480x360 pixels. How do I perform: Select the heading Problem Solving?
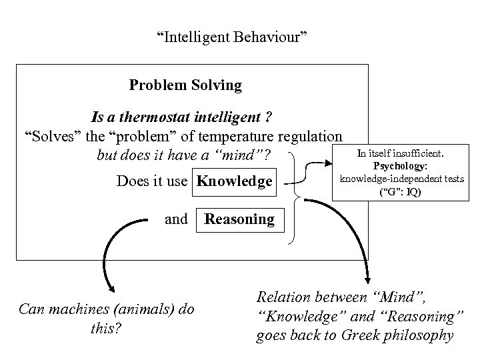click(185, 85)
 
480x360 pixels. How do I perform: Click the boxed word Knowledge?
click(235, 181)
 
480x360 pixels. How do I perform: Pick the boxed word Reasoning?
click(239, 219)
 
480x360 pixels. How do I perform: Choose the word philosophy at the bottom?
click(420, 335)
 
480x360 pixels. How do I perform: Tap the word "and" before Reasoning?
click(176, 219)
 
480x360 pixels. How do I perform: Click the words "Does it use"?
click(152, 181)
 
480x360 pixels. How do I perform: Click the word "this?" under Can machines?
click(107, 328)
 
